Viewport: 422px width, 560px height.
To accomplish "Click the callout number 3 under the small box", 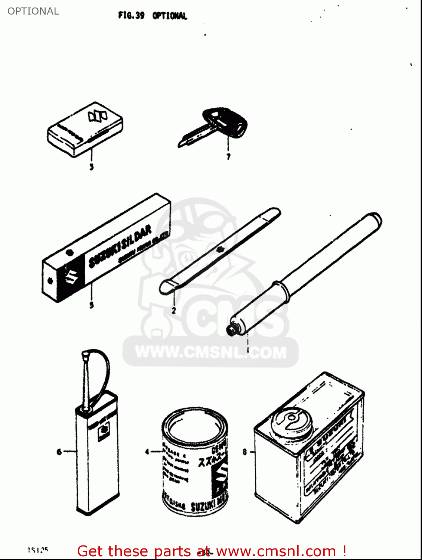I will (91, 167).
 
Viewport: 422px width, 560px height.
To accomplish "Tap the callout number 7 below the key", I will (228, 157).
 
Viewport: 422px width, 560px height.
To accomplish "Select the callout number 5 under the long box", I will (91, 305).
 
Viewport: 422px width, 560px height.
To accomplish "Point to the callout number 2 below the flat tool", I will (173, 310).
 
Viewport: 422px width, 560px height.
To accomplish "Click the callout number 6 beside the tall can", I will (59, 452).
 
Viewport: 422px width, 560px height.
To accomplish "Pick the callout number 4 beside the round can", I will (147, 452).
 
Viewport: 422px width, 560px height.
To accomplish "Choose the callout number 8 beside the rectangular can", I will (245, 452).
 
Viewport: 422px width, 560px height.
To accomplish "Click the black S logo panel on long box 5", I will (71, 276).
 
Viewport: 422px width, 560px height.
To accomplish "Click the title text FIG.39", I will (131, 15).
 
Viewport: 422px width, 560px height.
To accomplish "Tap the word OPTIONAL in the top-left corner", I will (33, 11).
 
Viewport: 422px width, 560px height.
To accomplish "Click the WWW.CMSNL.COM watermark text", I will (210, 352).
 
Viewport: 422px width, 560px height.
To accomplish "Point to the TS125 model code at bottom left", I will (38, 550).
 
